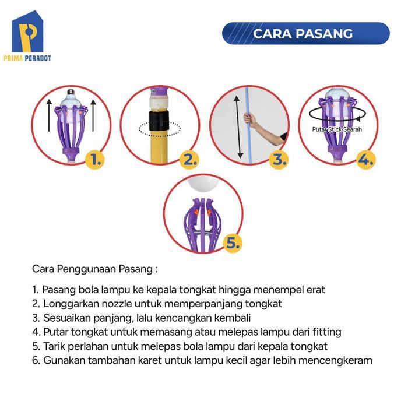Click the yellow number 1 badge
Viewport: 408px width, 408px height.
click(96, 159)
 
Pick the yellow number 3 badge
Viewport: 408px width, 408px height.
click(279, 159)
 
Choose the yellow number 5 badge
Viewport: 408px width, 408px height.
click(232, 243)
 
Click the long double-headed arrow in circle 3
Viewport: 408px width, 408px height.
click(237, 127)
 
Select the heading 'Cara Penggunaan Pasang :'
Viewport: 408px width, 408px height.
click(95, 269)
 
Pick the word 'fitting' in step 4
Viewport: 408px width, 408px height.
click(326, 332)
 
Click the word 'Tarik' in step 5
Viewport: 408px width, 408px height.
click(53, 346)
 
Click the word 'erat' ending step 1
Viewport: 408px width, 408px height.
click(315, 289)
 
